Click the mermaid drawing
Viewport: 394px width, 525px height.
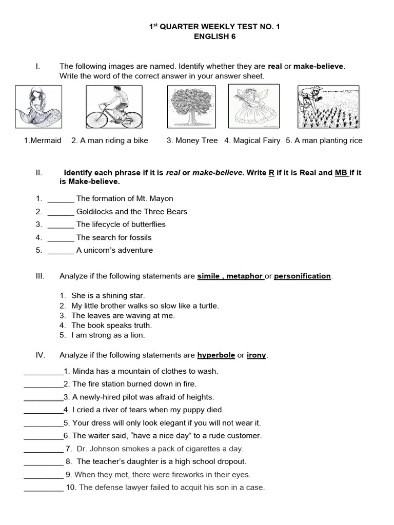click(38, 107)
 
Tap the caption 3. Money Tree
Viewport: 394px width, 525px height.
click(192, 140)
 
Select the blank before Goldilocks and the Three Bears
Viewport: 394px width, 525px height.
click(61, 212)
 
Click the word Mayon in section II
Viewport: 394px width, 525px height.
click(163, 198)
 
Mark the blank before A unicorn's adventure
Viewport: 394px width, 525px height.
click(61, 251)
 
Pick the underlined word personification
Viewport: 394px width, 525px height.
click(302, 276)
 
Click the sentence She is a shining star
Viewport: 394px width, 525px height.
click(108, 296)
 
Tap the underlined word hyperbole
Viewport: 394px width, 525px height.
click(216, 355)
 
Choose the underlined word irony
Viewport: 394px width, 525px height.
click(257, 355)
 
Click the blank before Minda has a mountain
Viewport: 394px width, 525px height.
click(43, 372)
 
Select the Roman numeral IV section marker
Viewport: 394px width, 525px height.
click(41, 355)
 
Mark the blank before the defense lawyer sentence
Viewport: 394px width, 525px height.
click(43, 488)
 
